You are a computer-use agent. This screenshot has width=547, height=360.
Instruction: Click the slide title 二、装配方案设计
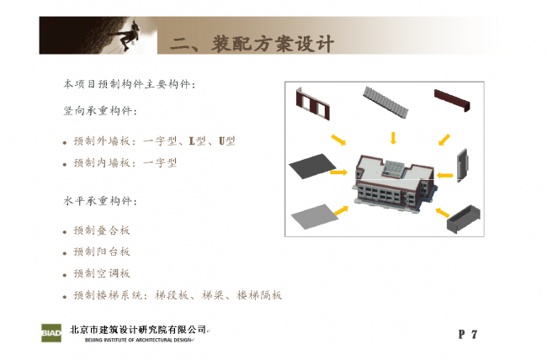(252, 44)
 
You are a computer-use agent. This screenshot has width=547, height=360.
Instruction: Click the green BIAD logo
(51, 333)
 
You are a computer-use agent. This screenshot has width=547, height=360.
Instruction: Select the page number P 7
(467, 334)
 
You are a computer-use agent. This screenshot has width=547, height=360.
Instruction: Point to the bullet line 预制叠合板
(102, 230)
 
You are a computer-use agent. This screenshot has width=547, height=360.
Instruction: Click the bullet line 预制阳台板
(102, 251)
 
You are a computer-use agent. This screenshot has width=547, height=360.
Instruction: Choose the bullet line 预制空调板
(102, 273)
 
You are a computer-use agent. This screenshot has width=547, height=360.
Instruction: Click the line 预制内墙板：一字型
(125, 162)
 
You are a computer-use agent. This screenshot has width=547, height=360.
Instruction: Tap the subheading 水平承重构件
(100, 201)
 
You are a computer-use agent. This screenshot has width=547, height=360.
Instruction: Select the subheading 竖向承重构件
(100, 111)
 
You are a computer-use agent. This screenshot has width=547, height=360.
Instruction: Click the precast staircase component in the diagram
(385, 101)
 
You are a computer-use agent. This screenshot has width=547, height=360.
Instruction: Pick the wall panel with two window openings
(312, 104)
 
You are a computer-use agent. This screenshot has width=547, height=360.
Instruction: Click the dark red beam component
(452, 100)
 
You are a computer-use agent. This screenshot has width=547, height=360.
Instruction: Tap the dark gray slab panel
(312, 166)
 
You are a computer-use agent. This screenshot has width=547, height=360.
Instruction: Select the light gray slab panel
(314, 217)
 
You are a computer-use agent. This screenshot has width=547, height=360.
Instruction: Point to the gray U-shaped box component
(464, 219)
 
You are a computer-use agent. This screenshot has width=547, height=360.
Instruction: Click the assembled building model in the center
(394, 183)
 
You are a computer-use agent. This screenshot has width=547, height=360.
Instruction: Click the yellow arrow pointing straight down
(393, 138)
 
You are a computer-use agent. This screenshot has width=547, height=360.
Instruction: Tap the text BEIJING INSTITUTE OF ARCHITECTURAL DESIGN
(138, 340)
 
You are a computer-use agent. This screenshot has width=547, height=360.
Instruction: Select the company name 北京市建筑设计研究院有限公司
(138, 330)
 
